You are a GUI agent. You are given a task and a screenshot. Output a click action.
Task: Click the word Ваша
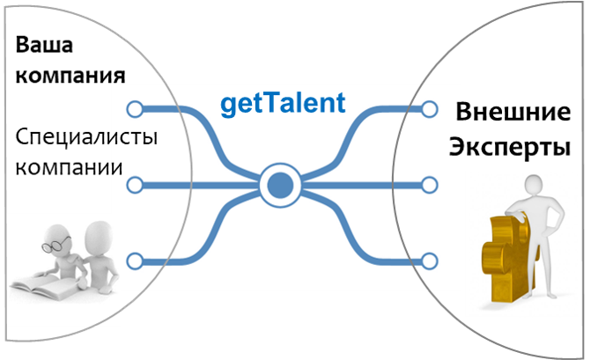tap(44, 45)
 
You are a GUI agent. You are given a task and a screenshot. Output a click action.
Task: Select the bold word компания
tap(70, 76)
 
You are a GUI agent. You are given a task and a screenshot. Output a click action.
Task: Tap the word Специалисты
tap(86, 136)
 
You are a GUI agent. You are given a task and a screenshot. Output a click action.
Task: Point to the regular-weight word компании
tap(69, 167)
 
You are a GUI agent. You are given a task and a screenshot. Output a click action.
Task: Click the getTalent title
tap(283, 104)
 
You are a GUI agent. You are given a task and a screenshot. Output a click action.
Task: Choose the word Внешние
tap(513, 112)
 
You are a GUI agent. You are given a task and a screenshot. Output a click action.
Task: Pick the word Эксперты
tap(510, 146)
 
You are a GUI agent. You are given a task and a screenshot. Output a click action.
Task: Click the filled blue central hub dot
tap(280, 185)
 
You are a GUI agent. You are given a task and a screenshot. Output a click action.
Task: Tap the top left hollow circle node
tap(135, 109)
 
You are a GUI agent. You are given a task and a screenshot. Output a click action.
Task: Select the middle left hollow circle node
tap(135, 185)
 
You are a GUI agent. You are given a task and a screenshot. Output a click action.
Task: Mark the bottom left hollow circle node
tap(135, 261)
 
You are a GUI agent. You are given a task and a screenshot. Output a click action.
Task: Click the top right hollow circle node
tap(429, 109)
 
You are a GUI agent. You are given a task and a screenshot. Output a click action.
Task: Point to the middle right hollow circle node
tap(429, 185)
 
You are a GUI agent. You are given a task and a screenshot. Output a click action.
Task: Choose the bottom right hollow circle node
tap(429, 261)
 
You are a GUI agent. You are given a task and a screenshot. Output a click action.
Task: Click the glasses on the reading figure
tap(55, 244)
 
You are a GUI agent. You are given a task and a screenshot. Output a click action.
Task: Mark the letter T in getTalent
tap(266, 102)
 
